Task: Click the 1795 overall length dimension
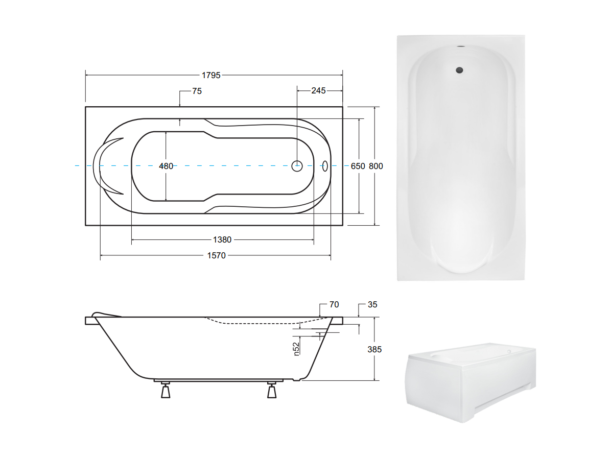pos(211,75)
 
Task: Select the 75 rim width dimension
pos(197,91)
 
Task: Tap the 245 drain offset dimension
pos(318,91)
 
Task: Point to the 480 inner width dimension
pos(166,166)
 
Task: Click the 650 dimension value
pos(358,166)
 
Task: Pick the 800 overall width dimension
pos(375,166)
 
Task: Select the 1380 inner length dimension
pos(222,240)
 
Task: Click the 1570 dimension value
pos(216,256)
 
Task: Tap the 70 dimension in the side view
pos(334,304)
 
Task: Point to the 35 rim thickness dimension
pos(372,304)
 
